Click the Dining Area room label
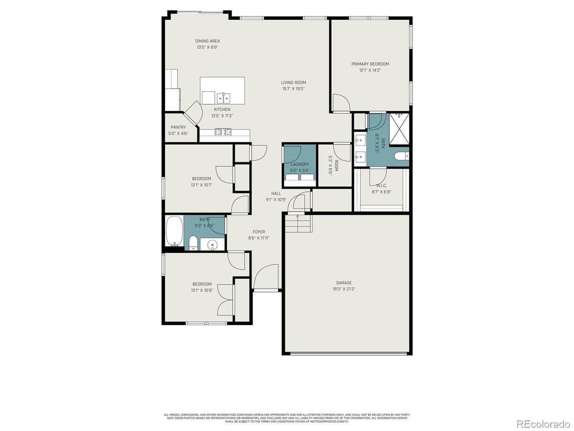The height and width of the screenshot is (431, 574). [x=208, y=41]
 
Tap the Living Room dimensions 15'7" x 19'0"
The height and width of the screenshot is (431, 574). [x=293, y=89]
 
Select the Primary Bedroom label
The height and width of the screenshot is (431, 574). [x=370, y=64]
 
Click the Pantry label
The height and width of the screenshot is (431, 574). [x=178, y=127]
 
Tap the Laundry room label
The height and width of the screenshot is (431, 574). [x=299, y=164]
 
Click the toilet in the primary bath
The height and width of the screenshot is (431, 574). [x=401, y=156]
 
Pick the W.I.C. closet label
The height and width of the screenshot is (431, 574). [x=381, y=186]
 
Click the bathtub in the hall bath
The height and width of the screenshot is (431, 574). [x=174, y=231]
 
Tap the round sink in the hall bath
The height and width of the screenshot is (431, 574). [x=211, y=245]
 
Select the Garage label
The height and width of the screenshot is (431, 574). [x=343, y=283]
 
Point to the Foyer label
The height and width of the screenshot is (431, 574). [x=258, y=232]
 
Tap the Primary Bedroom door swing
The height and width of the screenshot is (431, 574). [x=341, y=102]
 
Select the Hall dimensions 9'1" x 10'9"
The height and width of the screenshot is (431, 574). [x=276, y=200]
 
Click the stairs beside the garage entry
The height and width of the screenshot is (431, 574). [x=298, y=223]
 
